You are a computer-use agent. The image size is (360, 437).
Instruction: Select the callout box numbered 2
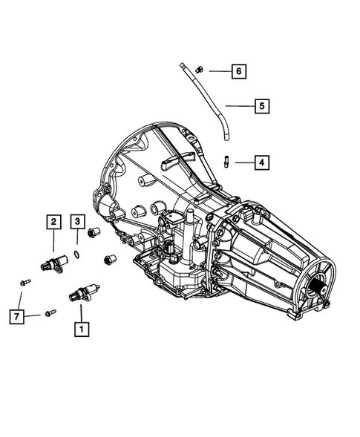coord(53,220)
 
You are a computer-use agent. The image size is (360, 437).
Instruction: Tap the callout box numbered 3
coord(77,220)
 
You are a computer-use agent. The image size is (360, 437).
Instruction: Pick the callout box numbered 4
coord(261,161)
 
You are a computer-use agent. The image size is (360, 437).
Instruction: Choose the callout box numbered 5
coord(261,106)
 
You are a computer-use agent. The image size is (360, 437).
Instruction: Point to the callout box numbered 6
coord(238,71)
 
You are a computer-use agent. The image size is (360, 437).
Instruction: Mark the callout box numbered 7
coord(17,316)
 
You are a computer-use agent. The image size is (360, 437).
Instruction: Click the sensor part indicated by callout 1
coord(79,292)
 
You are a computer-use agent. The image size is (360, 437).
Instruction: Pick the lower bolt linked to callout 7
coord(49,313)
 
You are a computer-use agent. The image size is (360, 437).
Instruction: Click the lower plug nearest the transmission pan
coord(109,260)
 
